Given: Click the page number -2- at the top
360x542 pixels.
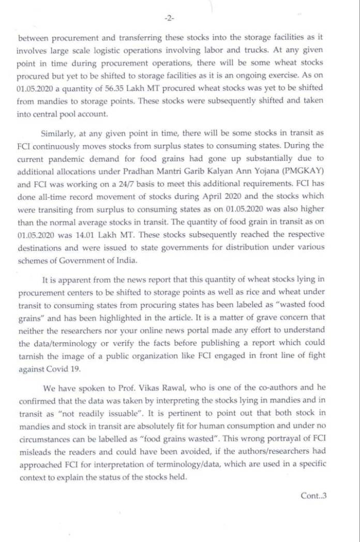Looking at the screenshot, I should tap(169, 18).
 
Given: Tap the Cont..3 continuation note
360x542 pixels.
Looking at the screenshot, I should tap(313, 495).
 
